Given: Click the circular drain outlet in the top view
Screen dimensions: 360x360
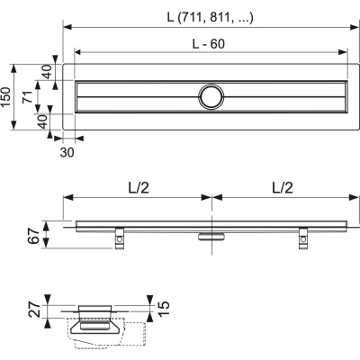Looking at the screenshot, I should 212,96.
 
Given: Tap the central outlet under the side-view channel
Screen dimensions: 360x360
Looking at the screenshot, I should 212,236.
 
